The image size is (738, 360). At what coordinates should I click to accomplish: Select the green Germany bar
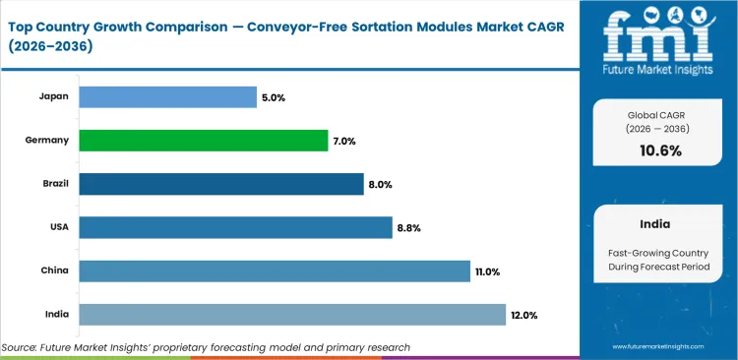(203, 141)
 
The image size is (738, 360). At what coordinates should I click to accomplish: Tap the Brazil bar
(221, 184)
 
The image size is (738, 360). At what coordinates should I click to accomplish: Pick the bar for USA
(235, 227)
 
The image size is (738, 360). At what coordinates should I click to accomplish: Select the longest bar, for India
(292, 314)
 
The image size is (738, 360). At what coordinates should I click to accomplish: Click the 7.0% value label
(344, 142)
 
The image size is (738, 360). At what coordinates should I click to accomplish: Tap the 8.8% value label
(409, 228)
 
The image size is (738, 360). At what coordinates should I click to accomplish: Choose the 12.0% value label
(524, 315)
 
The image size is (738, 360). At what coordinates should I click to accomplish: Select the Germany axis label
(47, 141)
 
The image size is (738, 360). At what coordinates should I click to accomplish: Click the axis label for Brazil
(54, 184)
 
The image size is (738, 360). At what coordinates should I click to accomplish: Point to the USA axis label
(58, 227)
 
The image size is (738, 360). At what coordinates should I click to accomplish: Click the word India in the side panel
(656, 224)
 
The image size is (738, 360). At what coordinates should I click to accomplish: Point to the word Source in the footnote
(23, 347)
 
